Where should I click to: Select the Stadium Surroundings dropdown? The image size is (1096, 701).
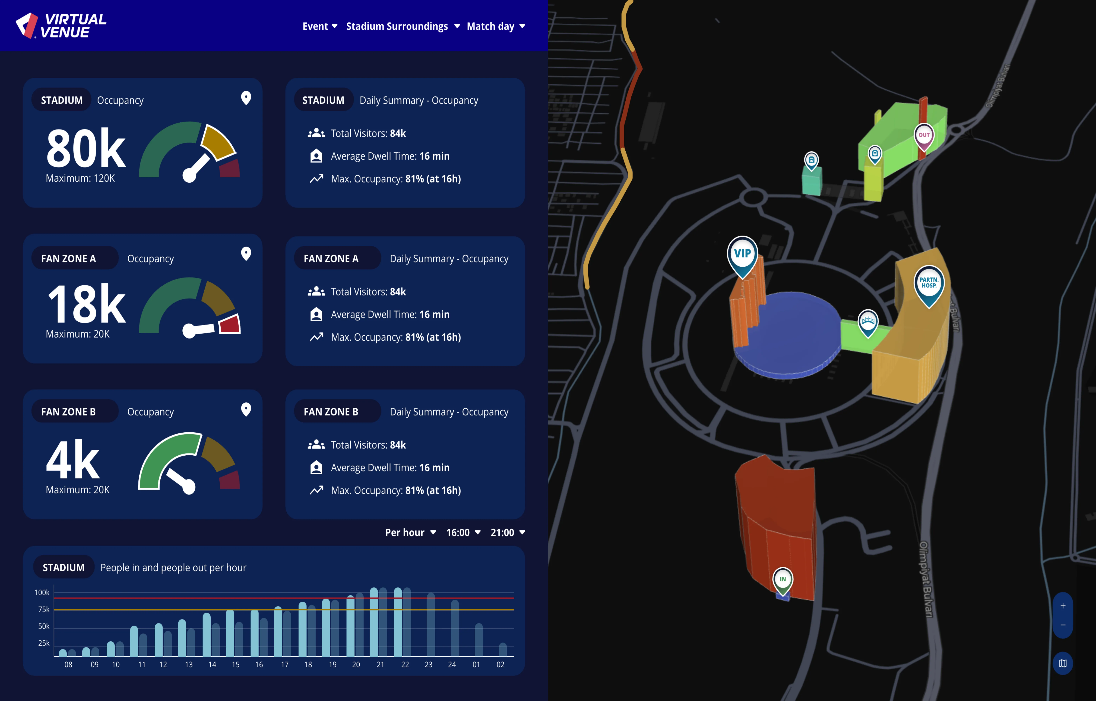pos(403,26)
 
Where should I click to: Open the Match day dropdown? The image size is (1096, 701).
pos(496,26)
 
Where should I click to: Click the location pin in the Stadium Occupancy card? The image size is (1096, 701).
pos(246,98)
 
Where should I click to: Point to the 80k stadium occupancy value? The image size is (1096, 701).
pos(85,148)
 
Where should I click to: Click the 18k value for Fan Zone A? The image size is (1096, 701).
pos(87,304)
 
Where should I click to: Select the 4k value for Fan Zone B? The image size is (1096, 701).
pos(73,460)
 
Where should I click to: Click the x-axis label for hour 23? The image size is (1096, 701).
pos(428,665)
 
